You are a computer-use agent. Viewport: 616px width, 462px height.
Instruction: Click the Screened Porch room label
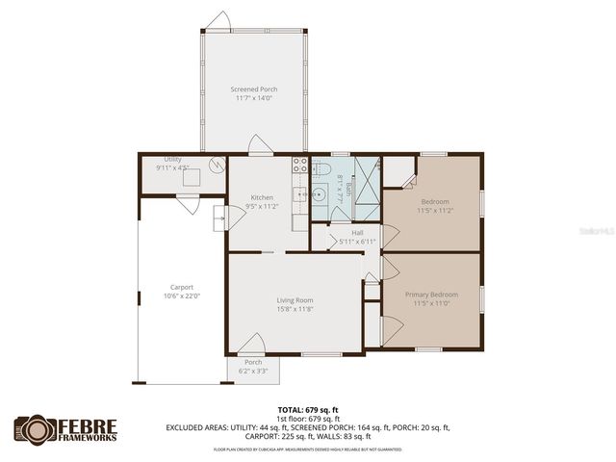pyautogui.click(x=253, y=90)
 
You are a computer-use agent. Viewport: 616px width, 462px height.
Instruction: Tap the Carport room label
pyautogui.click(x=182, y=287)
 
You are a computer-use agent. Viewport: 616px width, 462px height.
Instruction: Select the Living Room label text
pyautogui.click(x=294, y=300)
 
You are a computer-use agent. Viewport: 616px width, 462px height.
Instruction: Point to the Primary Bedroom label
pyautogui.click(x=430, y=294)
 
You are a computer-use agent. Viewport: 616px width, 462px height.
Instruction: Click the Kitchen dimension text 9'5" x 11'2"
pyautogui.click(x=262, y=206)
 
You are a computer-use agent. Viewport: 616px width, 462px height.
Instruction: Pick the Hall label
pyautogui.click(x=357, y=233)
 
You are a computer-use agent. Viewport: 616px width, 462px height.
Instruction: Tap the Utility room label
pyautogui.click(x=173, y=159)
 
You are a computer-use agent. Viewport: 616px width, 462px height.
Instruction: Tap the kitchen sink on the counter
pyautogui.click(x=300, y=195)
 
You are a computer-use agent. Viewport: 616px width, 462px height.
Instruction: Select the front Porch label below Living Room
pyautogui.click(x=252, y=362)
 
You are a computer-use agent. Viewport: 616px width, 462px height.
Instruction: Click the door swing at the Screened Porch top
pyautogui.click(x=220, y=22)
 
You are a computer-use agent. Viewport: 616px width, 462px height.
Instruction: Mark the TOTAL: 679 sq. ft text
pyautogui.click(x=307, y=409)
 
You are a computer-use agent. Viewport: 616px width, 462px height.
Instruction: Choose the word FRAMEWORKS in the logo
pyautogui.click(x=91, y=438)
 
